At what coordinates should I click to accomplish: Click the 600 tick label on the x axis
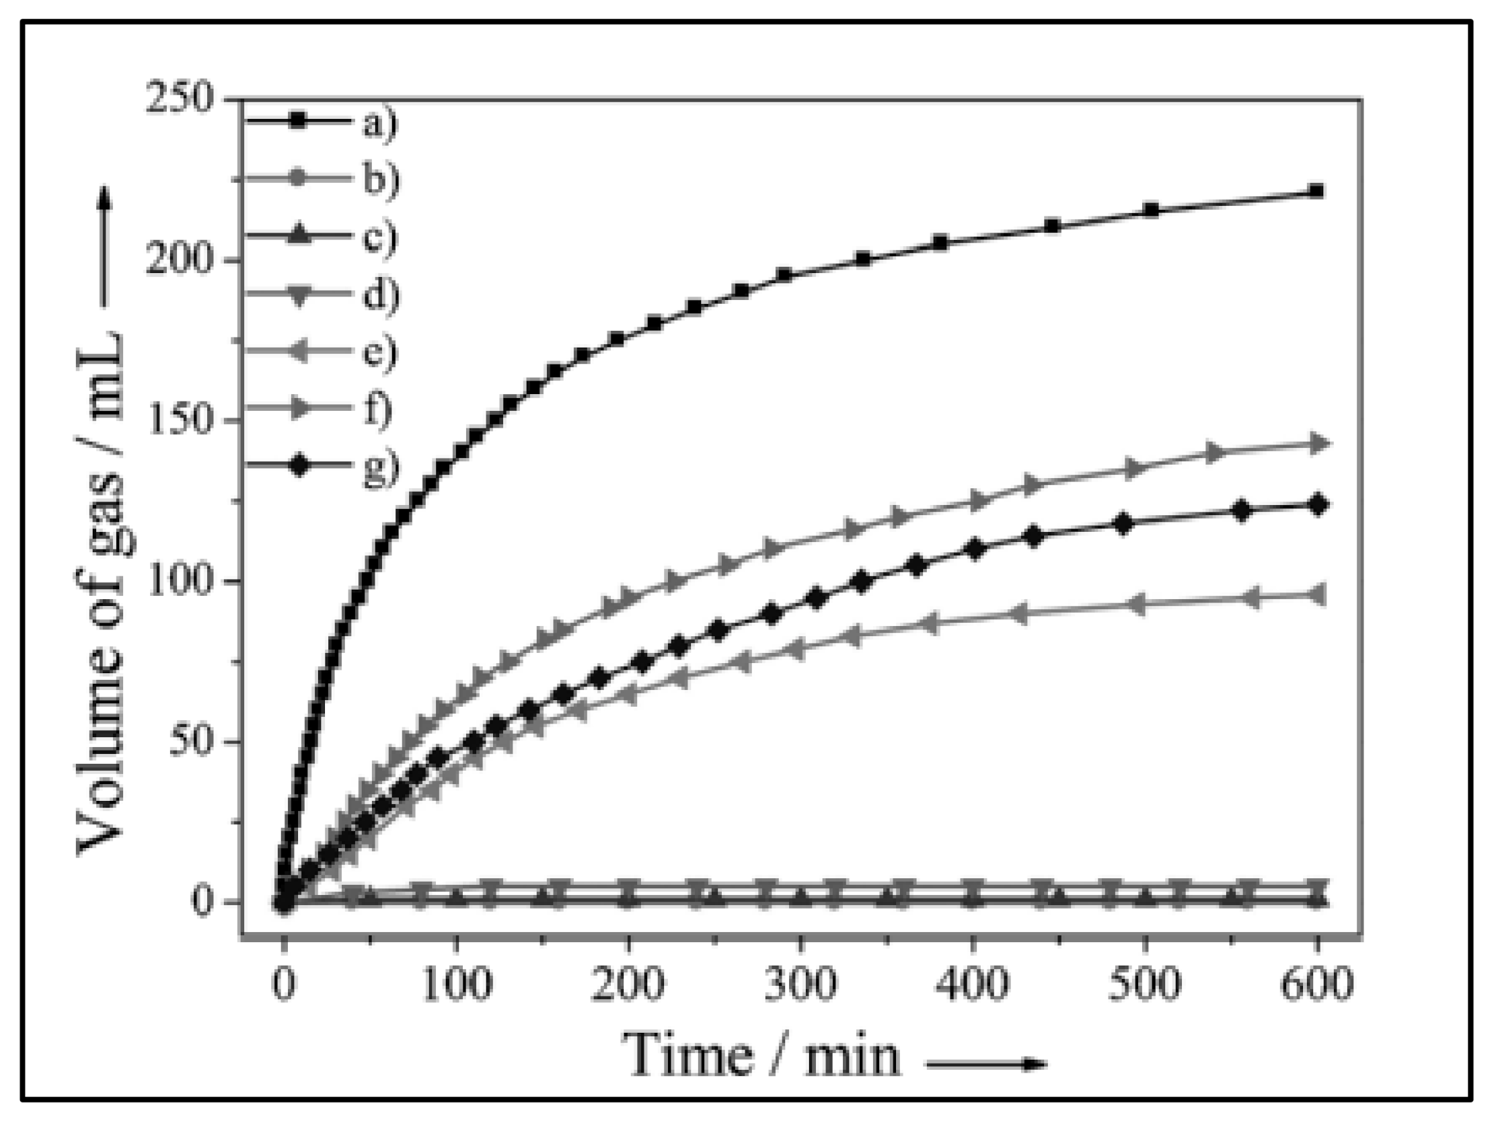[x=1317, y=984]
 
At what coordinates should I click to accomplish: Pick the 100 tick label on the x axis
[x=457, y=984]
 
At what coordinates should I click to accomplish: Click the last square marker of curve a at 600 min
[x=1316, y=191]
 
